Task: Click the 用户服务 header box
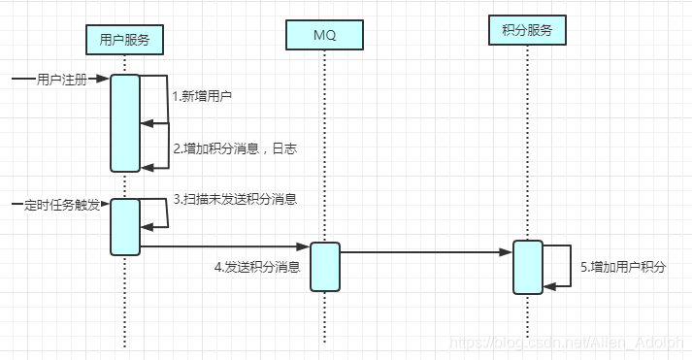point(124,39)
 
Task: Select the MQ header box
point(324,36)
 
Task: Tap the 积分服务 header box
point(526,31)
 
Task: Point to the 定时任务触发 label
point(60,206)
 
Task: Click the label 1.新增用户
point(202,96)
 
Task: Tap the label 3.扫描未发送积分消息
point(234,199)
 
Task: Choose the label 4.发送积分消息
point(256,266)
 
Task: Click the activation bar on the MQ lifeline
point(325,266)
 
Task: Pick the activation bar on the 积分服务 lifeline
point(527,266)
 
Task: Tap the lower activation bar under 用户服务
point(125,226)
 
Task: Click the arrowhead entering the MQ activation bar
point(304,247)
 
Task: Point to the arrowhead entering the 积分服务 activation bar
point(507,252)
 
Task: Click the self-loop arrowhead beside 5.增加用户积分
point(548,285)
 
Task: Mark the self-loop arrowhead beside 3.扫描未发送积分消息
point(147,227)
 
